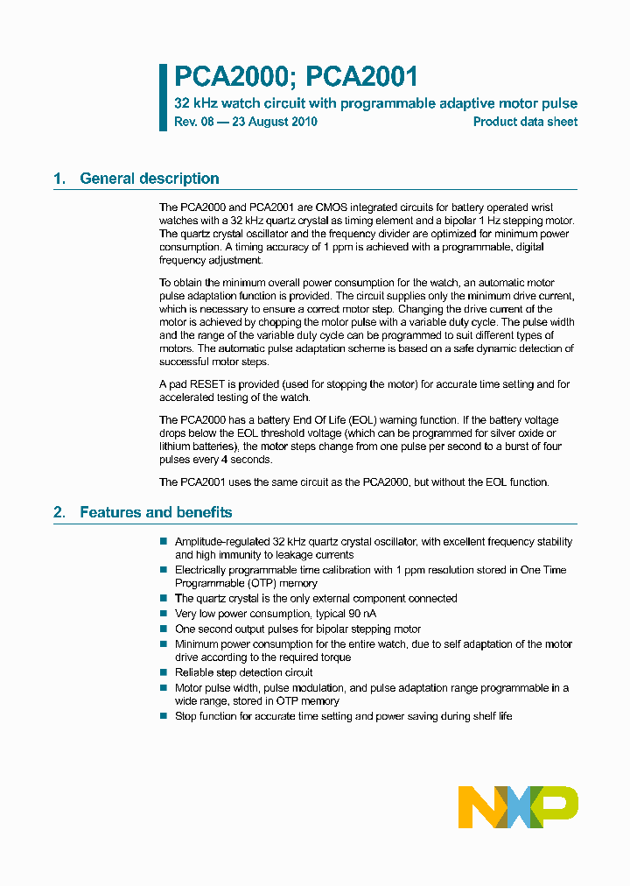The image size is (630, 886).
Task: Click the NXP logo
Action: click(x=518, y=806)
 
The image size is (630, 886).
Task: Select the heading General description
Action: click(x=149, y=179)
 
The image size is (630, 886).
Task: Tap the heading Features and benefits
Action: click(x=156, y=512)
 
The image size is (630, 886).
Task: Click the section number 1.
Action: click(x=59, y=179)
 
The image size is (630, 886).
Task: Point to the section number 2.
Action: click(x=59, y=512)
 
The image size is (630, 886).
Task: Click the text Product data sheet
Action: click(x=525, y=122)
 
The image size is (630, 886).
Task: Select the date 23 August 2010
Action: click(x=273, y=122)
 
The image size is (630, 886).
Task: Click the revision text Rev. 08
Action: click(x=193, y=122)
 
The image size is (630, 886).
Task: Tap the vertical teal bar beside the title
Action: click(x=163, y=97)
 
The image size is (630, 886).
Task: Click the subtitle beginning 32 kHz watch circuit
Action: click(x=375, y=103)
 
